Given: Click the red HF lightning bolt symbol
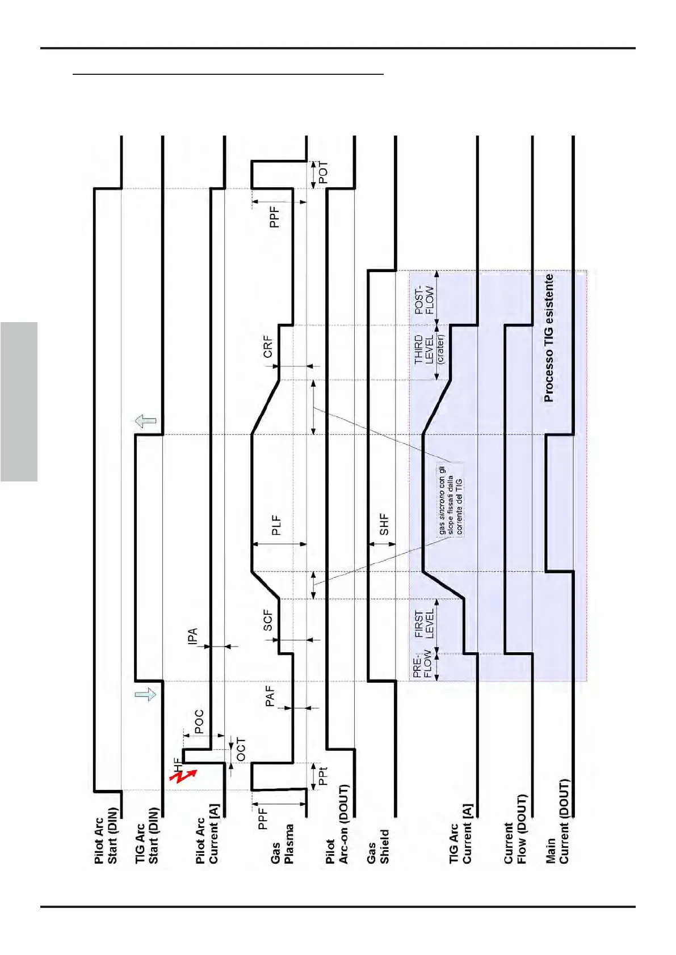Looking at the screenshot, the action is (183, 775).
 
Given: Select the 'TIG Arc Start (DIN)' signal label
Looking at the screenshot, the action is (146, 839).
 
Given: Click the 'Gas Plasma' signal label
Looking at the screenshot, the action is (282, 851).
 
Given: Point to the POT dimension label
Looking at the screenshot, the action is (323, 173).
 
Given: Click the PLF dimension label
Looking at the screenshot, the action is (276, 525).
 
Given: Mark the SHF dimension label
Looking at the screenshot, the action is (384, 525).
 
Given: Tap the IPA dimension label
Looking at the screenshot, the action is (193, 636).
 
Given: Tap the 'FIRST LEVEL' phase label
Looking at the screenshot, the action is (424, 624).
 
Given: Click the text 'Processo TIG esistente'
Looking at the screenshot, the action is (548, 339).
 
